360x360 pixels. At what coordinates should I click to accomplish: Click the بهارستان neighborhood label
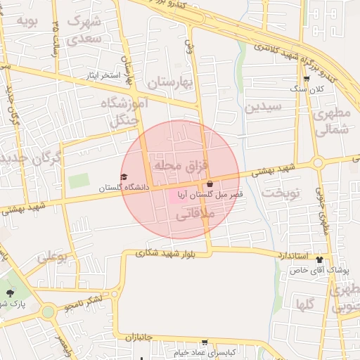(x=169, y=83)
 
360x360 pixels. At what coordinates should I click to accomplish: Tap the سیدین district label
(x=264, y=108)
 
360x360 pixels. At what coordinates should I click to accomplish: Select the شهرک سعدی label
(x=84, y=28)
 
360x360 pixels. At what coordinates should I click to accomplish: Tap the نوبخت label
(x=281, y=193)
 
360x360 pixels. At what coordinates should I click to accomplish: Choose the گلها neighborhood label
(x=305, y=304)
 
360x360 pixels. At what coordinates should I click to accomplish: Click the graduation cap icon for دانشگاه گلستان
(x=124, y=177)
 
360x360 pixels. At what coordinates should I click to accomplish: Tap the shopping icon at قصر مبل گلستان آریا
(x=210, y=184)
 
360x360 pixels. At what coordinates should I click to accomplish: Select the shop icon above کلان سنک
(x=306, y=79)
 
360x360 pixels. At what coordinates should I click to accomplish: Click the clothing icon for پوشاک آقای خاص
(x=319, y=259)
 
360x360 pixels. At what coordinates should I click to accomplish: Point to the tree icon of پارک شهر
(x=9, y=293)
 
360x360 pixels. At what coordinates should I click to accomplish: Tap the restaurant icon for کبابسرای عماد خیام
(x=205, y=343)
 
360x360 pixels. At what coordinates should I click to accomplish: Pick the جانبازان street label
(x=139, y=338)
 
